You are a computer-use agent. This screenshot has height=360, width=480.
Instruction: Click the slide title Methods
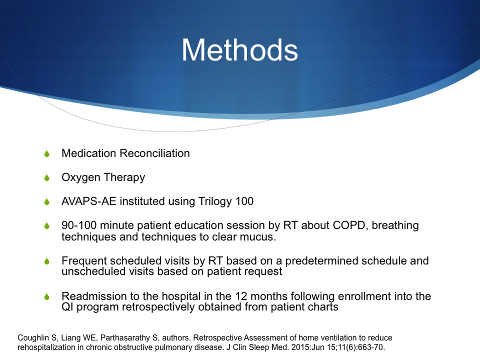(239, 50)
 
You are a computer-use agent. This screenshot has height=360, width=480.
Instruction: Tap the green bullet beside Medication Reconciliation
(47, 153)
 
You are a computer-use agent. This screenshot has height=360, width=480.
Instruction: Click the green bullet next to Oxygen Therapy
(47, 177)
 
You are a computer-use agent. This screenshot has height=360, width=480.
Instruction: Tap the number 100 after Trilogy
(244, 201)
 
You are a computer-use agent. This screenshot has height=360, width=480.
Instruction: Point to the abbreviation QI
(67, 306)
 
